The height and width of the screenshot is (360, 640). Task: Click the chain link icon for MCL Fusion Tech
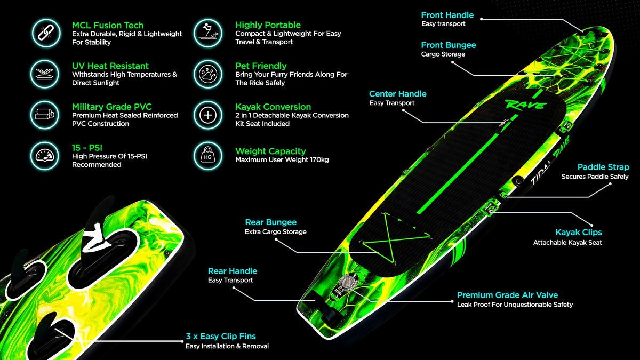[x=46, y=33]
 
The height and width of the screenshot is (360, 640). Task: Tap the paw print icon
[x=207, y=74]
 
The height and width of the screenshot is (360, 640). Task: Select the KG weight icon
[x=207, y=156]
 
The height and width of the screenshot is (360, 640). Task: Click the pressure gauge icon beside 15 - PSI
[x=45, y=156]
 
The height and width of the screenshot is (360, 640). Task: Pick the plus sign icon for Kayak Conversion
[x=207, y=115]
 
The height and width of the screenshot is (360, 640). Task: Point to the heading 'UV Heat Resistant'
[x=110, y=66]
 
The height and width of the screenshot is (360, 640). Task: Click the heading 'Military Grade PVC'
[x=111, y=107]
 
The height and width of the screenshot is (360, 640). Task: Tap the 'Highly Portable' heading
[x=268, y=25]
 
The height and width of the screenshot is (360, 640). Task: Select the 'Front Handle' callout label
[x=447, y=15]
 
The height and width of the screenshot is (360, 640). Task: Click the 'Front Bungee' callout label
[x=449, y=45]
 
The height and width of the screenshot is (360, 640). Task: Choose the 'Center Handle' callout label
[x=398, y=94]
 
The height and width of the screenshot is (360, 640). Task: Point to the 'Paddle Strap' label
[x=603, y=167]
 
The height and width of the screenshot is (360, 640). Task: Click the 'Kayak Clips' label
[x=579, y=233]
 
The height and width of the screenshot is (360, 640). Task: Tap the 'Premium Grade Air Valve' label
[x=507, y=295]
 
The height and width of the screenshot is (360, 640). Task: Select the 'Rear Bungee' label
[x=271, y=222]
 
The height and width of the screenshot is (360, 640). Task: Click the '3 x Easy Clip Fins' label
[x=221, y=337]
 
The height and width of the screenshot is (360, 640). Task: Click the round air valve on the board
[x=348, y=283]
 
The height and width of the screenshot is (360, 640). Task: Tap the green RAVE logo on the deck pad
[x=526, y=105]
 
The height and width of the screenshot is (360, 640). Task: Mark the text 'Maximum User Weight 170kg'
[x=282, y=159]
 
